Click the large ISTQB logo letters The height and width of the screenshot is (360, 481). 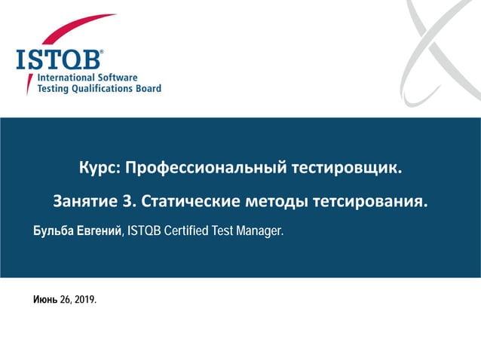(60, 59)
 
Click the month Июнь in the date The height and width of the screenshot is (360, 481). (44, 301)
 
